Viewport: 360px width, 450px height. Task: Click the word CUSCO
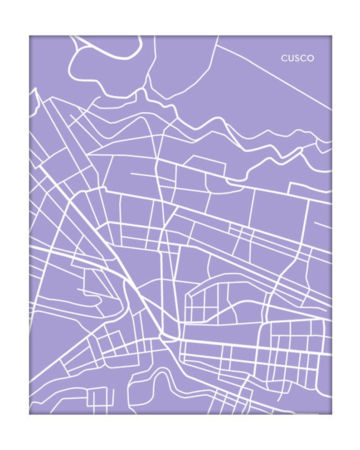tap(297, 58)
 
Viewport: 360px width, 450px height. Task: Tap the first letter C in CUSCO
tap(284, 58)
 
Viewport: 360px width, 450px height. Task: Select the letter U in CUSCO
tap(290, 58)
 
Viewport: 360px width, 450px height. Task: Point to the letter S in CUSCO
tap(297, 58)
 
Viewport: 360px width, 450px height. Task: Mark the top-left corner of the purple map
tap(30, 36)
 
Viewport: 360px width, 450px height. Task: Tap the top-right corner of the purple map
tap(331, 36)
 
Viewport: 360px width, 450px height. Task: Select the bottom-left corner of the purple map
tap(30, 414)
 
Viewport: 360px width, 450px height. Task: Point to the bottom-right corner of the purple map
tap(331, 414)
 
